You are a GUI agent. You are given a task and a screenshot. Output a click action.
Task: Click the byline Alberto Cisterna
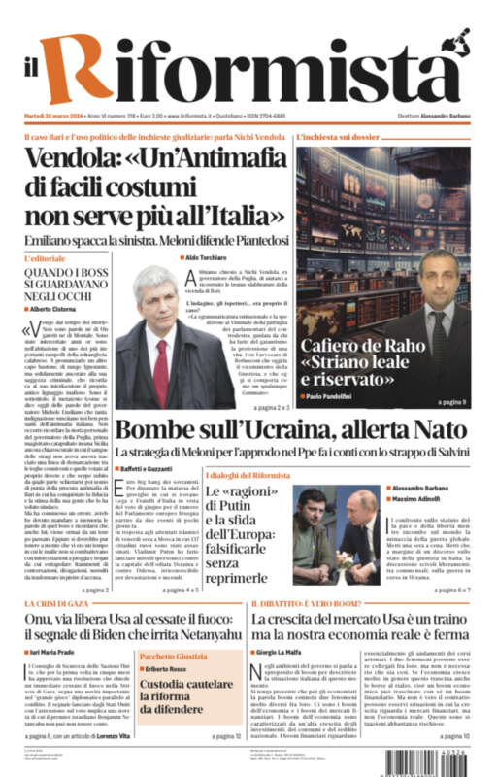coord(61,308)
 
